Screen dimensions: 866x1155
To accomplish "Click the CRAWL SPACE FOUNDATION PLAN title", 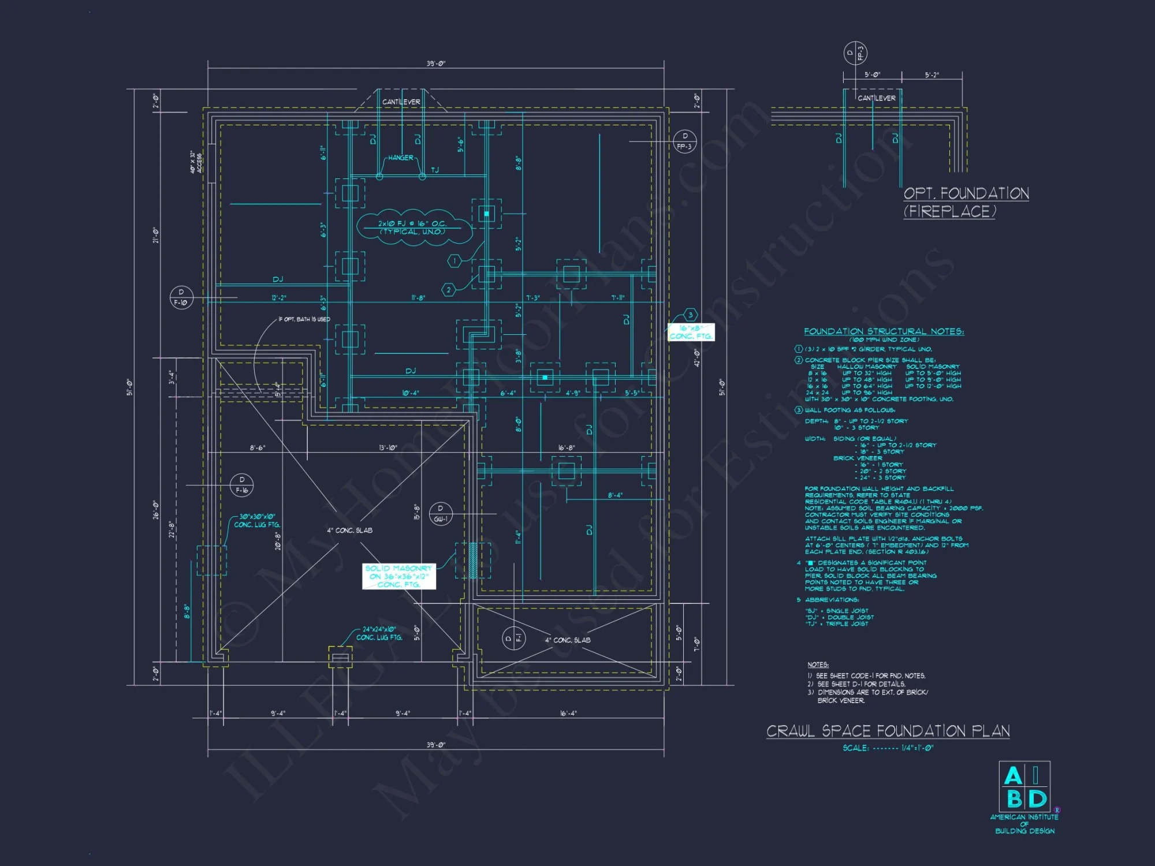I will click(888, 731).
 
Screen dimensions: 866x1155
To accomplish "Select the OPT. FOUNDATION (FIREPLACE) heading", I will click(966, 202).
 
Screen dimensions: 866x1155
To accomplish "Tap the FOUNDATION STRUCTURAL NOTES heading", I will click(884, 331).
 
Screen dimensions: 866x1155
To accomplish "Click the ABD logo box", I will click(1024, 787).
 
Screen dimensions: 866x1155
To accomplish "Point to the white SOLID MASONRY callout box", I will click(398, 576).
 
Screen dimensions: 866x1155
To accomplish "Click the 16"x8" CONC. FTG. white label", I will click(691, 332).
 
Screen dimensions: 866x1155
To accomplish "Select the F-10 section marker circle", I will click(181, 297).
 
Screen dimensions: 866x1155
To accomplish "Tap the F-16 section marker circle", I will click(241, 485).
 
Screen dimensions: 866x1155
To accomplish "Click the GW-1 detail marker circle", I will click(441, 513).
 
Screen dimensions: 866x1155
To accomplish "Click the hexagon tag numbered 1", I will click(454, 261).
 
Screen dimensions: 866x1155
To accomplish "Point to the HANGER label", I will click(400, 158).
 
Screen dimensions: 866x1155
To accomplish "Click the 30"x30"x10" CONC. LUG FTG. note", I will click(257, 521).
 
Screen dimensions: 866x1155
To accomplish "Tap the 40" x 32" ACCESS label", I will click(196, 162).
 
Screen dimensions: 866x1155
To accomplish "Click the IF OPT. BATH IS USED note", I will click(304, 319).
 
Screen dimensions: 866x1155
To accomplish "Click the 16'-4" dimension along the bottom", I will click(568, 713).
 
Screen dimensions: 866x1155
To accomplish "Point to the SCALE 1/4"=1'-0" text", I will click(888, 748).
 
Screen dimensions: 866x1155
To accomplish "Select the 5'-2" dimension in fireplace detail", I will click(932, 75).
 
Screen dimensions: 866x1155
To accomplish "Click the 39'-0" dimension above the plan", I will click(436, 64).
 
